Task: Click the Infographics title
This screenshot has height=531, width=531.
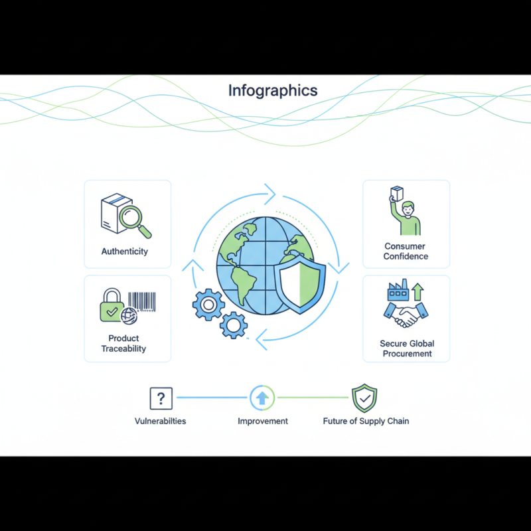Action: pyautogui.click(x=273, y=91)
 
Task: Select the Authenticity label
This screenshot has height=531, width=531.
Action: pyautogui.click(x=125, y=252)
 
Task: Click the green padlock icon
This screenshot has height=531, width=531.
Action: pyautogui.click(x=112, y=305)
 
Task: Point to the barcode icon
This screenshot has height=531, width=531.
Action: pyautogui.click(x=142, y=301)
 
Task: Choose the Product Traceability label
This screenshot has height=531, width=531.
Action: pyautogui.click(x=123, y=343)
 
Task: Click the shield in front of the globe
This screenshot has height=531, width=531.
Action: pyautogui.click(x=300, y=285)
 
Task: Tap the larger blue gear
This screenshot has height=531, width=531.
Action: pyautogui.click(x=208, y=305)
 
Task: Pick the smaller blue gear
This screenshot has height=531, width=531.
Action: pyautogui.click(x=234, y=325)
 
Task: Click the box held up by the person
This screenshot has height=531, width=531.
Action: pyautogui.click(x=396, y=194)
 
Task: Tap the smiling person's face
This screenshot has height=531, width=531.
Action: pyautogui.click(x=408, y=209)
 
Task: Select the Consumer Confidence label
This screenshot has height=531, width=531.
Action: pyautogui.click(x=406, y=252)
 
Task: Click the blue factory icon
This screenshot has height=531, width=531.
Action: pyautogui.click(x=398, y=290)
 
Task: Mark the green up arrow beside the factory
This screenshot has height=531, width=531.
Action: pyautogui.click(x=418, y=292)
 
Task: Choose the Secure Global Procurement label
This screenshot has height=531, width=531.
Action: pyautogui.click(x=407, y=348)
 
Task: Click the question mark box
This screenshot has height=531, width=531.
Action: pyautogui.click(x=161, y=398)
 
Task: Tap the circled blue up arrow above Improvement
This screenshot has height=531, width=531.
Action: pyautogui.click(x=262, y=398)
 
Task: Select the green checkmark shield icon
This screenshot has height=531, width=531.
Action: pyautogui.click(x=364, y=398)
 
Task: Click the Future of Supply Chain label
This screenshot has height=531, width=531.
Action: pyautogui.click(x=366, y=421)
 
